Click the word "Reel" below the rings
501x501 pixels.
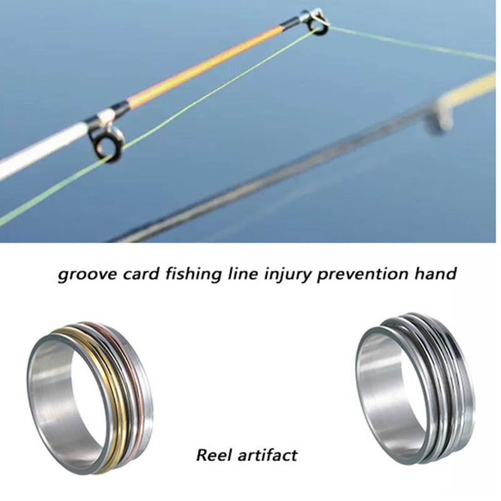214,454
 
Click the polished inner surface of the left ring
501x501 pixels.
56,401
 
